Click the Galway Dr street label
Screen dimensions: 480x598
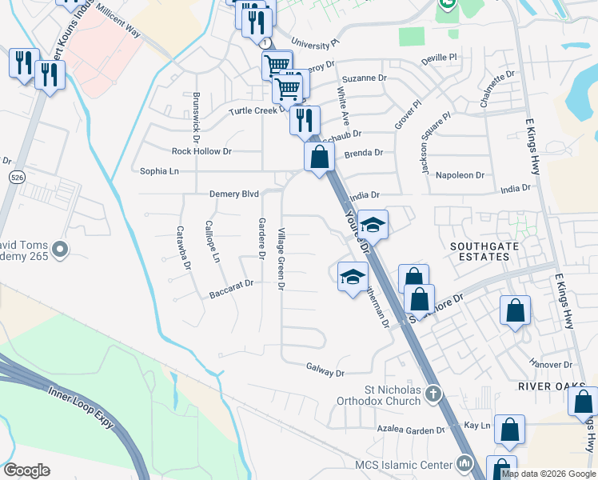325,373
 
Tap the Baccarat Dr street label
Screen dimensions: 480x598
231,283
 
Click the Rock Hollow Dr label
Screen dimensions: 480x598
201,150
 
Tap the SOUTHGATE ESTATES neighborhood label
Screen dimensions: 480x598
479,251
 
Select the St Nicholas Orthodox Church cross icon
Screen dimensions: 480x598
433,393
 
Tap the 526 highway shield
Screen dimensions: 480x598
16,177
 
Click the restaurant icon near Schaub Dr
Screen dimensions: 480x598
304,120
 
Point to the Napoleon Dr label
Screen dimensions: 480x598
459,174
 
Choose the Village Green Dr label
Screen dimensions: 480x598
281,258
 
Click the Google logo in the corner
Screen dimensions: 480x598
26,470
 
